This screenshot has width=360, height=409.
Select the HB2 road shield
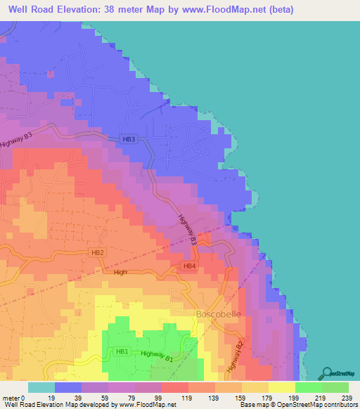pyautogui.click(x=98, y=252)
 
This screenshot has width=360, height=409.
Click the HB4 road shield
pyautogui.click(x=188, y=266)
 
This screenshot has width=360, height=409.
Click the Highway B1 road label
pyautogui.click(x=156, y=356)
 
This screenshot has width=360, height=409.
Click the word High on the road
pyautogui.click(x=120, y=272)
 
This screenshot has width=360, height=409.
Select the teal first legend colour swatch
pyautogui.click(x=41, y=387)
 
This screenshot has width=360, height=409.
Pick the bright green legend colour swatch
pyautogui.click(x=308, y=387)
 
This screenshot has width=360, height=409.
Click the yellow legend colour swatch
pyautogui.click(x=281, y=387)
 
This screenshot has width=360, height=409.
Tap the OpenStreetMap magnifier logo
pyautogui.click(x=326, y=374)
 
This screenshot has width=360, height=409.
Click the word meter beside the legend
pyautogui.click(x=10, y=397)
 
